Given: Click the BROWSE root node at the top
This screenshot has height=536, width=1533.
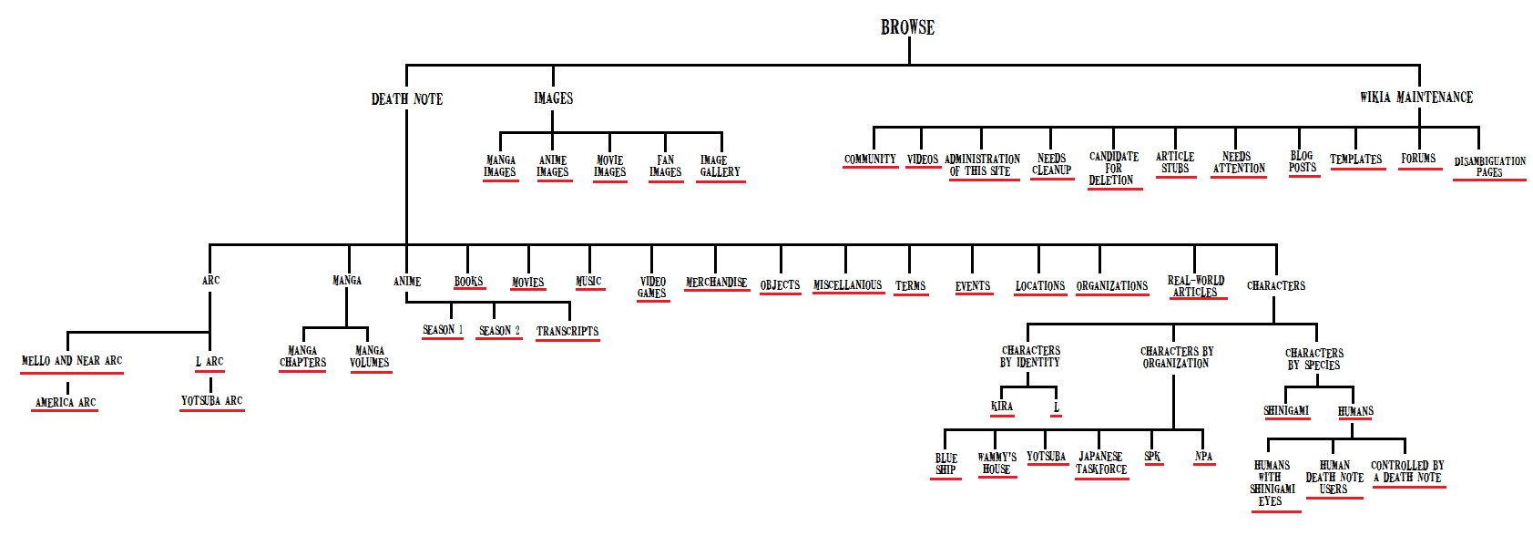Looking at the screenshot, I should pyautogui.click(x=907, y=27).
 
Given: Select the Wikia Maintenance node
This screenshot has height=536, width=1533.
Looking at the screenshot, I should pyautogui.click(x=1416, y=98).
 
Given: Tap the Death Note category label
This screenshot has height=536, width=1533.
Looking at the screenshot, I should pyautogui.click(x=407, y=98).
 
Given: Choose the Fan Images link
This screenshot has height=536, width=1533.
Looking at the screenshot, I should pyautogui.click(x=666, y=166).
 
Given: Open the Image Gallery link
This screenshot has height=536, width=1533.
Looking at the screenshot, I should pyautogui.click(x=720, y=166).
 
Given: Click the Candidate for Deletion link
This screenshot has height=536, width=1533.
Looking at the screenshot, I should pyautogui.click(x=1113, y=169).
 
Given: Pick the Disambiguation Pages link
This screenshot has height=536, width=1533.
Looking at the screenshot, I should pyautogui.click(x=1489, y=166).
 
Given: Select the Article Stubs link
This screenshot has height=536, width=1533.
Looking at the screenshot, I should pyautogui.click(x=1175, y=162).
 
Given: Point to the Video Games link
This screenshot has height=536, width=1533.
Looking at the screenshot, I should pyautogui.click(x=652, y=287).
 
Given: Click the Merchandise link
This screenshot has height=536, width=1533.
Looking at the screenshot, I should pyautogui.click(x=716, y=283).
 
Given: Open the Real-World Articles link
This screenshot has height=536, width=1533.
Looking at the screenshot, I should pyautogui.click(x=1196, y=286).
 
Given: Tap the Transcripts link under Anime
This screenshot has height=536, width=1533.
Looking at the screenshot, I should pyautogui.click(x=567, y=331).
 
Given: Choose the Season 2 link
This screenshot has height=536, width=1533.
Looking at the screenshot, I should pyautogui.click(x=499, y=330).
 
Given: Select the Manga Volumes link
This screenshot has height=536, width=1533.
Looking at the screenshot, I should pyautogui.click(x=370, y=356).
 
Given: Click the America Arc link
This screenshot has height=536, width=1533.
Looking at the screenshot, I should pyautogui.click(x=66, y=402).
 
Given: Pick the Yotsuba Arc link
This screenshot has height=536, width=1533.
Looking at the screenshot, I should pyautogui.click(x=212, y=400).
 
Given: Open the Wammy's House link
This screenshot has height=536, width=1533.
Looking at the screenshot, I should pyautogui.click(x=996, y=463).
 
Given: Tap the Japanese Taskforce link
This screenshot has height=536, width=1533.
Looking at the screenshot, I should pyautogui.click(x=1101, y=463).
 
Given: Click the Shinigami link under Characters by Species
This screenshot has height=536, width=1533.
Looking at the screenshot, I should pyautogui.click(x=1286, y=411).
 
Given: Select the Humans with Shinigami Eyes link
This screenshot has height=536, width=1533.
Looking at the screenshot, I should pyautogui.click(x=1272, y=483).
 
